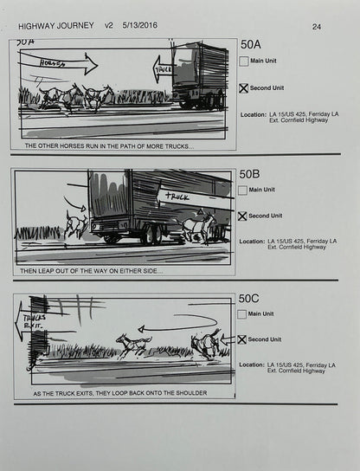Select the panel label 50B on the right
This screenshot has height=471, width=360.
click(x=248, y=173)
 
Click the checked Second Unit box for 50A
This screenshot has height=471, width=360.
click(x=243, y=88)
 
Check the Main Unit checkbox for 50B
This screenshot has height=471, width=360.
click(x=243, y=190)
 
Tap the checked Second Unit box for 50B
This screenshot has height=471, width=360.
click(x=243, y=216)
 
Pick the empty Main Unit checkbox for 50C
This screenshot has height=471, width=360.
click(x=243, y=314)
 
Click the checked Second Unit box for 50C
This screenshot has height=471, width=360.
click(x=243, y=339)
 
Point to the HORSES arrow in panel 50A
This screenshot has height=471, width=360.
click(x=55, y=61)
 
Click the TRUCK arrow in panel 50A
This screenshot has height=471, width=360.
click(x=163, y=68)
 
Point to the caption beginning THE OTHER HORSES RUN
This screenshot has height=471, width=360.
click(x=109, y=145)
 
